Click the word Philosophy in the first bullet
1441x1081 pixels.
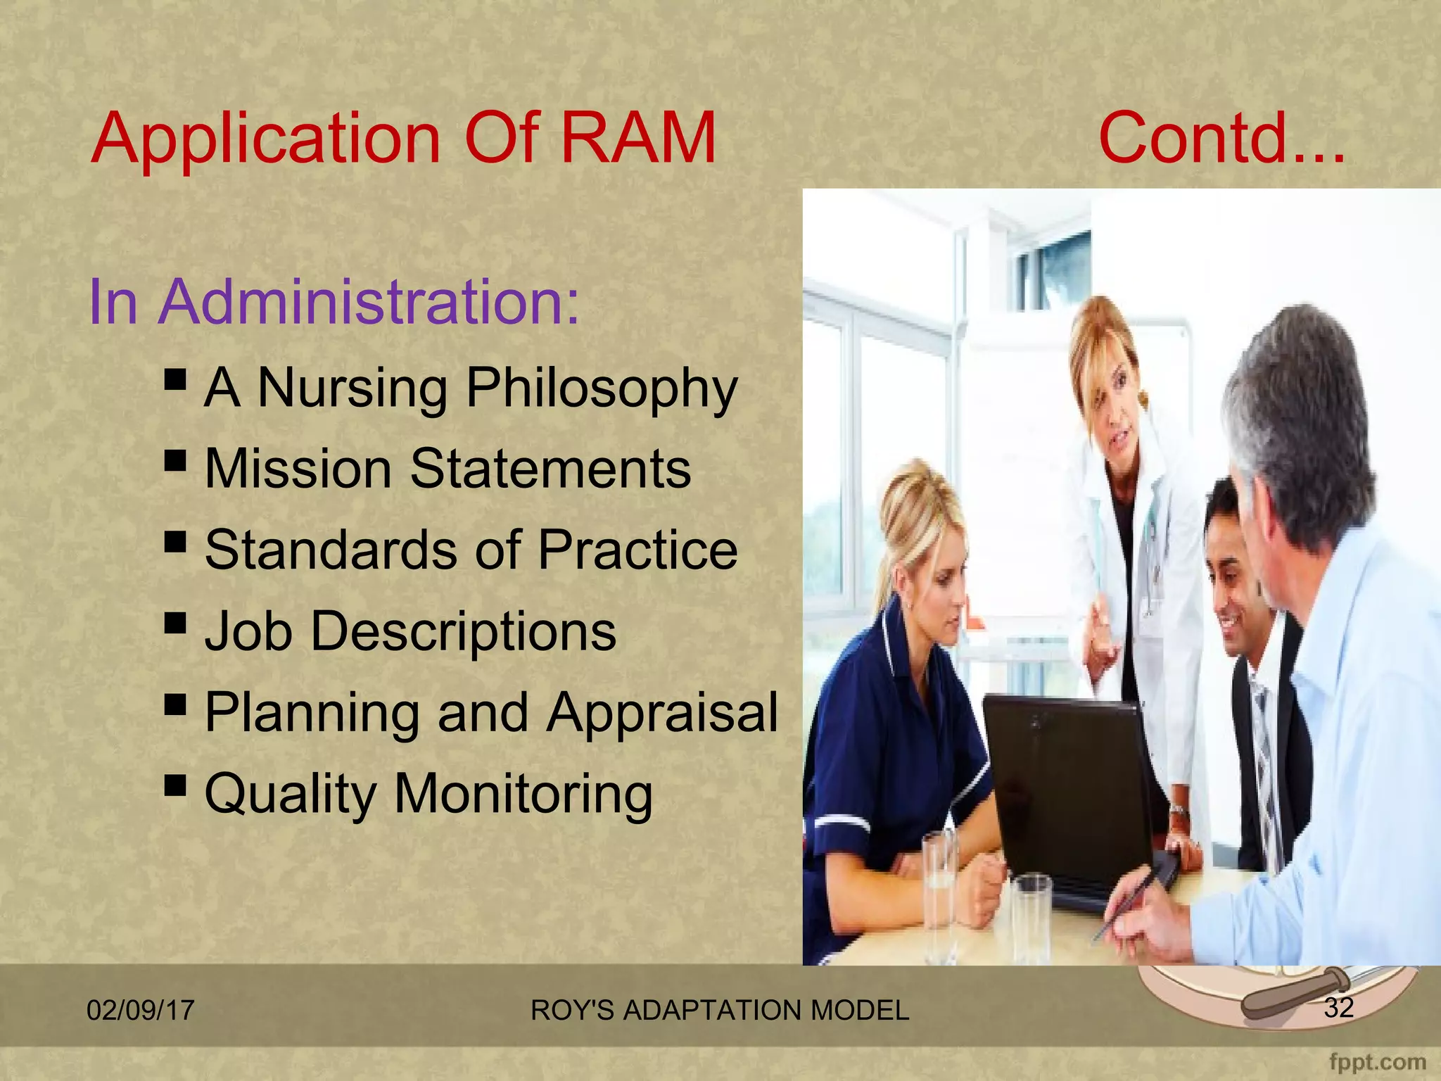602,388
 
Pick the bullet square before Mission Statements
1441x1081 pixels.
175,462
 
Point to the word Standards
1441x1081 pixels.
331,550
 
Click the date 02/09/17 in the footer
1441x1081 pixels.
140,1011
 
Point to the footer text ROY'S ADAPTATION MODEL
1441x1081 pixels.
719,1011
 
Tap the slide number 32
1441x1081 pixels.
1338,1008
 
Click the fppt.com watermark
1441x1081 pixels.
1377,1061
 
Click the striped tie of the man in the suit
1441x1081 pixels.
1267,774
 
